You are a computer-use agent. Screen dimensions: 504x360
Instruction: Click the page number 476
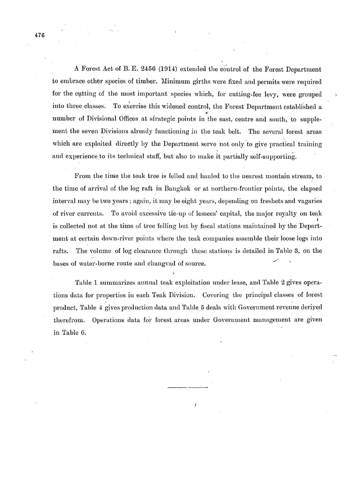pyautogui.click(x=39, y=35)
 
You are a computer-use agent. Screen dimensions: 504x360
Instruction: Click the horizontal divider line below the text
pyautogui.click(x=187, y=387)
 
